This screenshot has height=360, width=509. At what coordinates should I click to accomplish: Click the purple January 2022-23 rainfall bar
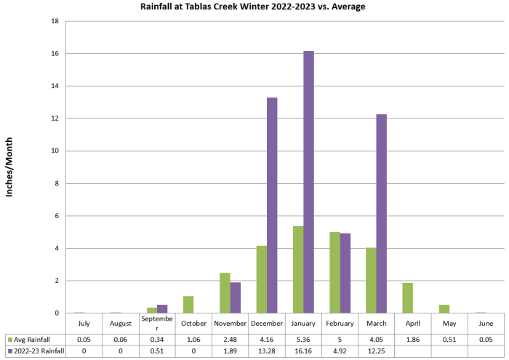[x=308, y=182]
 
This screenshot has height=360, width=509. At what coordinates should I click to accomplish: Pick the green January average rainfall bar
[x=298, y=269]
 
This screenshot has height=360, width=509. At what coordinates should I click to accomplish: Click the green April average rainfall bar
[x=408, y=297]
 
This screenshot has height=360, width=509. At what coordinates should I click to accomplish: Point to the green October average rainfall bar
[x=188, y=304]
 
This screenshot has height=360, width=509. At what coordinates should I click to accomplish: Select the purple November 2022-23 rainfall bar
[x=235, y=297]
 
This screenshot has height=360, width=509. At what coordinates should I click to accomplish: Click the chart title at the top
[x=253, y=7]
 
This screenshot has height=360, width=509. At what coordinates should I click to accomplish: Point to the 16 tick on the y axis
[x=55, y=54]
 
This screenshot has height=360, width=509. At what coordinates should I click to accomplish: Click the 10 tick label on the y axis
[x=55, y=151]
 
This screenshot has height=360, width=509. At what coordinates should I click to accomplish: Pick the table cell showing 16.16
[x=303, y=351]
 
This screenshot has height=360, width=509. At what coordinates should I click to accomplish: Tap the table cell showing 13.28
[x=267, y=351]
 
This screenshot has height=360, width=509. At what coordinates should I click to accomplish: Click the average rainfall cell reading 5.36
[x=303, y=339]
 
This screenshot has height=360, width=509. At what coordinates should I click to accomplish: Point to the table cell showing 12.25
[x=376, y=351]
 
